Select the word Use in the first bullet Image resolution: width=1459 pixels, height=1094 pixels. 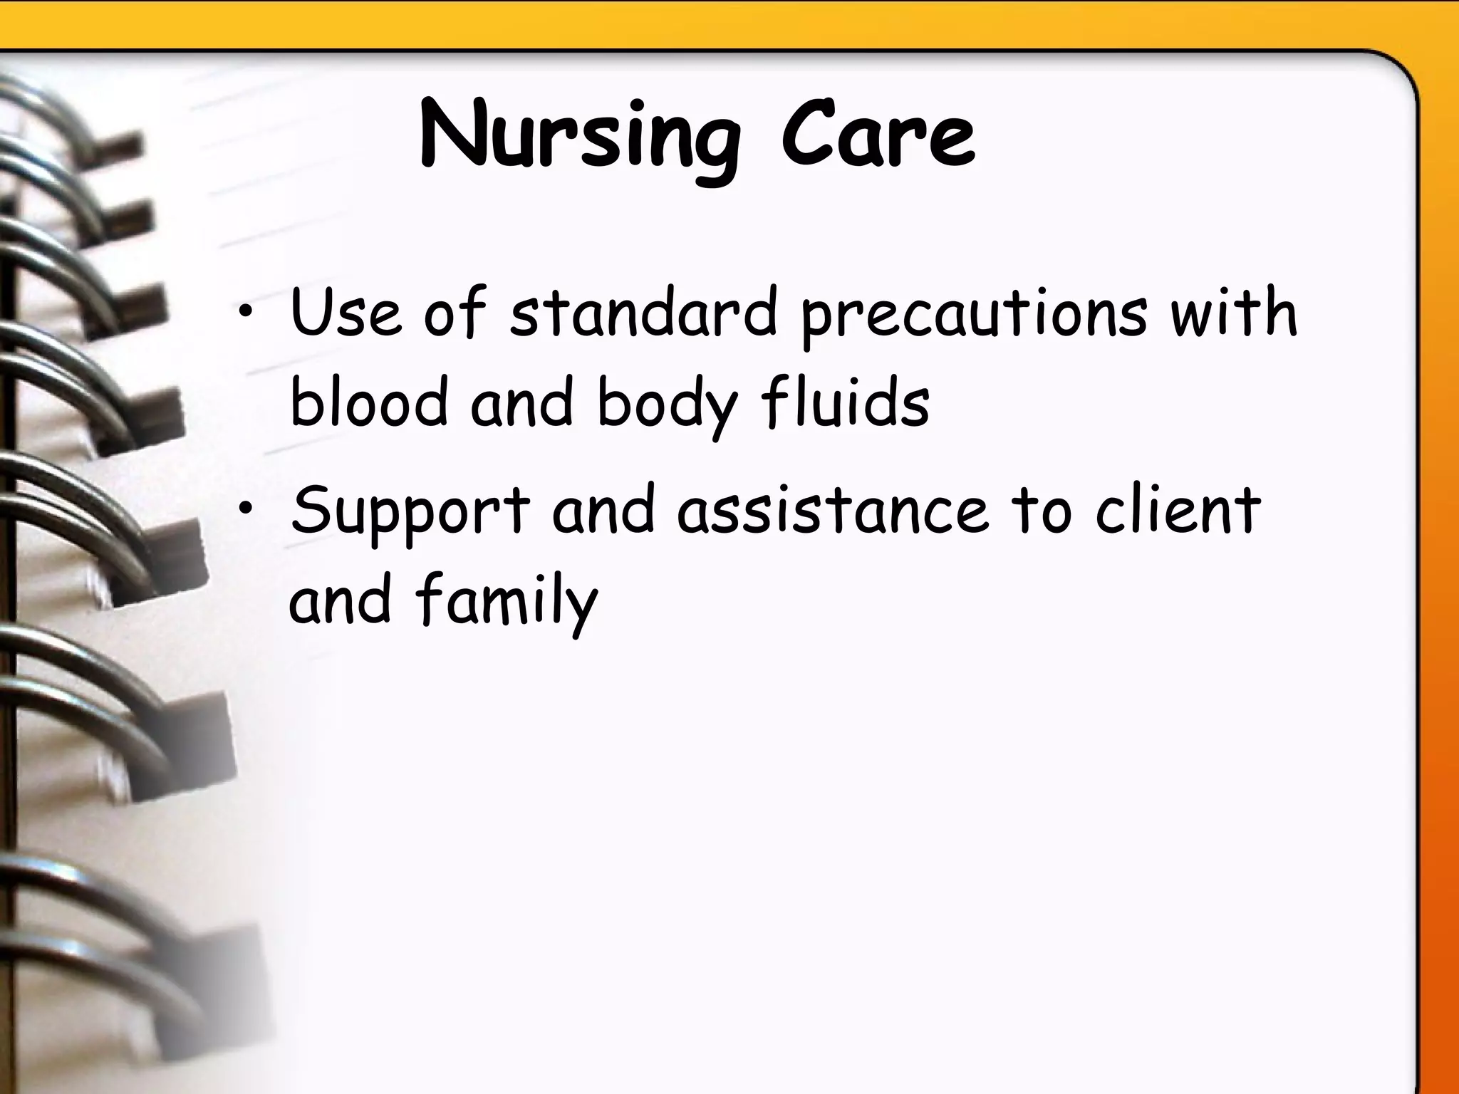click(x=346, y=313)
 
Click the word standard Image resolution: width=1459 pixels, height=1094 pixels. click(x=643, y=313)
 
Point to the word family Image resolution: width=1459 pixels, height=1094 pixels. click(x=507, y=602)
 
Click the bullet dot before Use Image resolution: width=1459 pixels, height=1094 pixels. click(x=246, y=313)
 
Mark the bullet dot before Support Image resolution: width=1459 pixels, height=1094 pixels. click(x=246, y=509)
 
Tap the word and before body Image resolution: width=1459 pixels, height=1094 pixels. click(x=522, y=402)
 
